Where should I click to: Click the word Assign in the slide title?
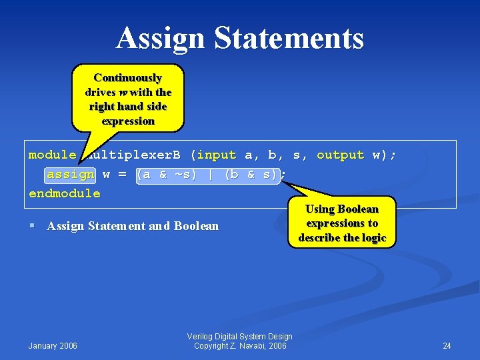[x=162, y=38]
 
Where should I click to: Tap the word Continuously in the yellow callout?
[x=127, y=77]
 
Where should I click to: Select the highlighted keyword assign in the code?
[x=71, y=175]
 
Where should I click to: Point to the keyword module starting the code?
[x=52, y=155]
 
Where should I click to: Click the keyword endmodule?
[x=65, y=194]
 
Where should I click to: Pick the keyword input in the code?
[x=217, y=155]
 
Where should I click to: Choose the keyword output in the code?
[x=340, y=155]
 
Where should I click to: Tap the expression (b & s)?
[x=250, y=175]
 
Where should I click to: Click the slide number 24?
[x=447, y=345]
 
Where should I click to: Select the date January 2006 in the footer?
[x=53, y=345]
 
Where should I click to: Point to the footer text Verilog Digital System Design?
[x=240, y=337]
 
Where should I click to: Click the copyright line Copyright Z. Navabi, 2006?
[x=240, y=346]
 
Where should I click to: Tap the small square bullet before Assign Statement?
[x=33, y=226]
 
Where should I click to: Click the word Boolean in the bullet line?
[x=196, y=226]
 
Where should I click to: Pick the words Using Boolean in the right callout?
[x=342, y=209]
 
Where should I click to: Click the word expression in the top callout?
[x=128, y=121]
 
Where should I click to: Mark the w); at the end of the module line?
[x=384, y=155]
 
